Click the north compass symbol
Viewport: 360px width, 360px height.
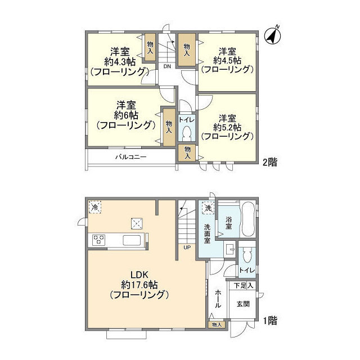coord(272,36)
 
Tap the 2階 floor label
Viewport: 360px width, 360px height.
coord(270,163)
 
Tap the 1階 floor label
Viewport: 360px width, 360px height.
coord(270,321)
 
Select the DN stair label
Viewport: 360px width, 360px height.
coord(167,66)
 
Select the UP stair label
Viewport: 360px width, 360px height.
coord(187,247)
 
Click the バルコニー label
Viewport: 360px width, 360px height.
coord(130,157)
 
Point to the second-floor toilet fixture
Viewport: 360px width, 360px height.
coord(187,134)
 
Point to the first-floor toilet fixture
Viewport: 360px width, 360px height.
coord(247,254)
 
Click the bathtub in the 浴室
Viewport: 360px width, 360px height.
coord(247,219)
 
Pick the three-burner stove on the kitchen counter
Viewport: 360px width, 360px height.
coord(99,240)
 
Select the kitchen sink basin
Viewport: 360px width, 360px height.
coord(132,240)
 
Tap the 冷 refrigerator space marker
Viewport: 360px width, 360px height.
coord(95,208)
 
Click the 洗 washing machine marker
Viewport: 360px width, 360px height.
coord(208,208)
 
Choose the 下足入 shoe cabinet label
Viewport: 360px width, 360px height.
coord(244,286)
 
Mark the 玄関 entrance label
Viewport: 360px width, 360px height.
coord(243,304)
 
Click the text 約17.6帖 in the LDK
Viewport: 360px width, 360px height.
coord(139,285)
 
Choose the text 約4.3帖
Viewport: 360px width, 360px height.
coord(120,61)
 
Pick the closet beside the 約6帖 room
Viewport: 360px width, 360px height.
coord(169,128)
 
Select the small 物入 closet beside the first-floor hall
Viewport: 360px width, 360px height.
coord(217,325)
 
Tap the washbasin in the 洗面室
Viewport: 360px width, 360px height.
coord(230,248)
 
